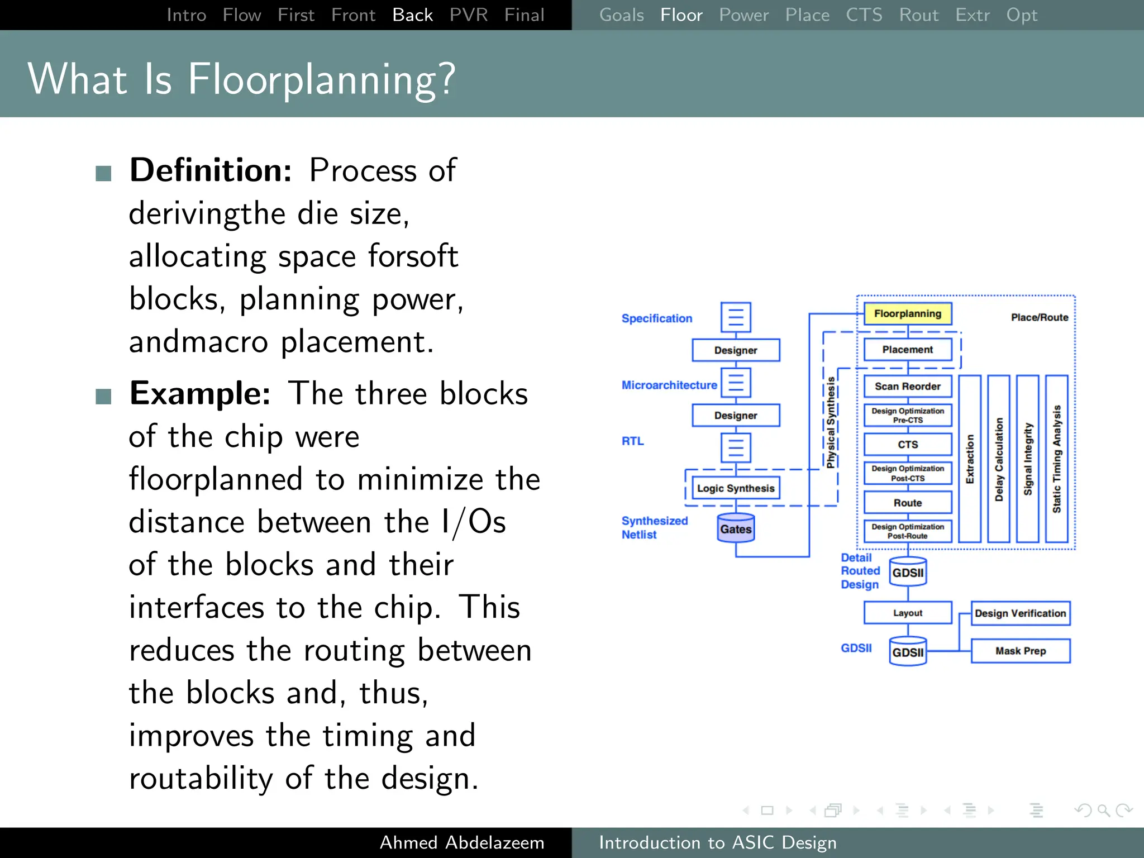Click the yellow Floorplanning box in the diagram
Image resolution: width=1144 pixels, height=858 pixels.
pos(907,314)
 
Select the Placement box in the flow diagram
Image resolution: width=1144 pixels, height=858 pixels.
pos(907,350)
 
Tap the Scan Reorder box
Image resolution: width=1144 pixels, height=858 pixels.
pos(907,387)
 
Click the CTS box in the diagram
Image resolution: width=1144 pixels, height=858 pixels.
pos(907,445)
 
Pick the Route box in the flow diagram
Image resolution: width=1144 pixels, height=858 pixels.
pos(907,503)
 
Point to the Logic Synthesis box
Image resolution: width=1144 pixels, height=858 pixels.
pos(735,488)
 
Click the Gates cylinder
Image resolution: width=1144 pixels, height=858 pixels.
pos(736,528)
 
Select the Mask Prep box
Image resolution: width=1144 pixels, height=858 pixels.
pos(1020,651)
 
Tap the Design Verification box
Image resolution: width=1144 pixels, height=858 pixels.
pos(1020,613)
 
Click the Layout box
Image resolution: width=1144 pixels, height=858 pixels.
pos(907,613)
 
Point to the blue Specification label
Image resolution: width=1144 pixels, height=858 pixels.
pos(656,318)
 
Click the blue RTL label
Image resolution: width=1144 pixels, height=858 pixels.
pos(632,441)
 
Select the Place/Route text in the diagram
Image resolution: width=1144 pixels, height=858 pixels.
pos(1039,317)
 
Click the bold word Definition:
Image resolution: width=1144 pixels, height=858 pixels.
pos(211,170)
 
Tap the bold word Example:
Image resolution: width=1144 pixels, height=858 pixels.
pos(200,393)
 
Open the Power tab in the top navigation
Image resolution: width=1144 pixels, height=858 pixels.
pos(743,15)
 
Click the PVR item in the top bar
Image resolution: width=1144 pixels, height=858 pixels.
pos(468,15)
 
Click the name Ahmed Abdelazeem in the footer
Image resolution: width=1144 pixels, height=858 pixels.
pos(461,842)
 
